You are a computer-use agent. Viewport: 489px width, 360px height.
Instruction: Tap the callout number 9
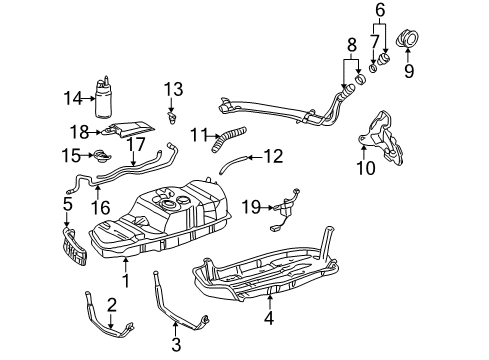407,72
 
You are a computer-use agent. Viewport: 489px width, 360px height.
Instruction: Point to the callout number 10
366,169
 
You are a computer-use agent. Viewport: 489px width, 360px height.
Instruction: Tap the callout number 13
173,91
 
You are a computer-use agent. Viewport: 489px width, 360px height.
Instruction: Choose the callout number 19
252,206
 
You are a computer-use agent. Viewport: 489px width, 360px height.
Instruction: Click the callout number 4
268,321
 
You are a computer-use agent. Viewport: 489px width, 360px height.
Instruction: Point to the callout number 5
68,204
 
